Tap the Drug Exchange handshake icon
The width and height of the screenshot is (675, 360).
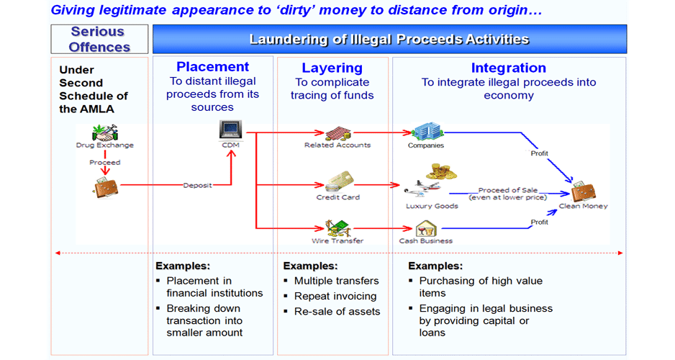pyautogui.click(x=104, y=132)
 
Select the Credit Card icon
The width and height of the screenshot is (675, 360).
pyautogui.click(x=339, y=181)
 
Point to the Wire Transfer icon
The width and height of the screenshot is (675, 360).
pyautogui.click(x=338, y=228)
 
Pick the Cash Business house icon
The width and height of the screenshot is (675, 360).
pyautogui.click(x=426, y=229)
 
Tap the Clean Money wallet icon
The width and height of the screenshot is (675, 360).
pyautogui.click(x=584, y=192)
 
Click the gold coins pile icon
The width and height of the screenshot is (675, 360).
pyautogui.click(x=441, y=171)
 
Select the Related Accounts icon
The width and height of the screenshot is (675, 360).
pyautogui.click(x=338, y=133)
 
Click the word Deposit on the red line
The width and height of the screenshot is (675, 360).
pyautogui.click(x=198, y=185)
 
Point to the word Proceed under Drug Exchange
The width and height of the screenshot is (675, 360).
pyautogui.click(x=104, y=162)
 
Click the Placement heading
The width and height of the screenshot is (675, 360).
pyautogui.click(x=213, y=67)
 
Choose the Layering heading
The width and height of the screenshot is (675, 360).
pyautogui.click(x=332, y=68)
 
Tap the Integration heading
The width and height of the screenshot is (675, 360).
pyautogui.click(x=508, y=68)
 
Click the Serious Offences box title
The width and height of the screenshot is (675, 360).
pyautogui.click(x=99, y=39)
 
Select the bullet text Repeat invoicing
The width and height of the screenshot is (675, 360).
pyautogui.click(x=335, y=296)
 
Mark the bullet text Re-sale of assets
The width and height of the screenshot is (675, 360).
pyautogui.click(x=337, y=311)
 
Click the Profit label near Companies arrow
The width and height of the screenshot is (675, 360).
pyautogui.click(x=540, y=153)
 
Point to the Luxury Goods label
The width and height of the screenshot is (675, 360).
pyautogui.click(x=432, y=206)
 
